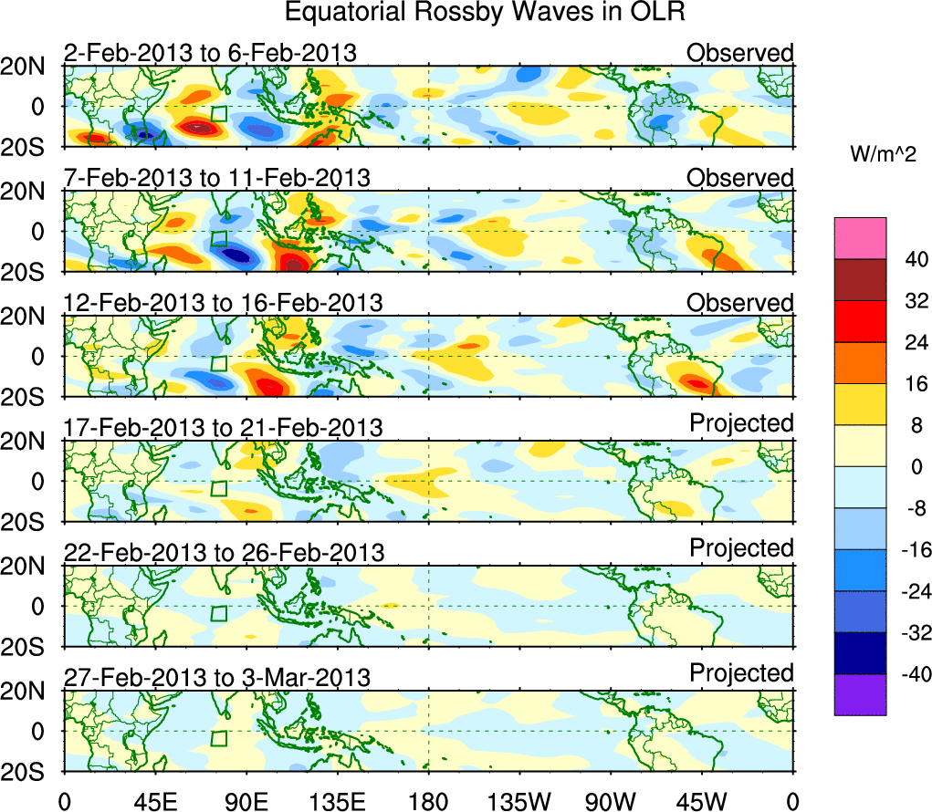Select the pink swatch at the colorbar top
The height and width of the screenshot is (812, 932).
[859, 238]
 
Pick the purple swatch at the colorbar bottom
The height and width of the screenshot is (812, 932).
[859, 694]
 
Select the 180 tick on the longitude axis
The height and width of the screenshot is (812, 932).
[428, 801]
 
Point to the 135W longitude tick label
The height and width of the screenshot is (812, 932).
[519, 801]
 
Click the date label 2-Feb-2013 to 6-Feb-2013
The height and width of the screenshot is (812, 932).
[210, 53]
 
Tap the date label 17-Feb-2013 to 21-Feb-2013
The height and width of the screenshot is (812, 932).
[223, 427]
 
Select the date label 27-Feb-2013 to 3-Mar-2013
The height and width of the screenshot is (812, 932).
[217, 677]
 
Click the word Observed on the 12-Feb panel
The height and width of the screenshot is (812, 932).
[740, 302]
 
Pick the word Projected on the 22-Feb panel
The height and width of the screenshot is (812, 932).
[741, 548]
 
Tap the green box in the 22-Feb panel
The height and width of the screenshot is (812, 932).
[218, 613]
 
